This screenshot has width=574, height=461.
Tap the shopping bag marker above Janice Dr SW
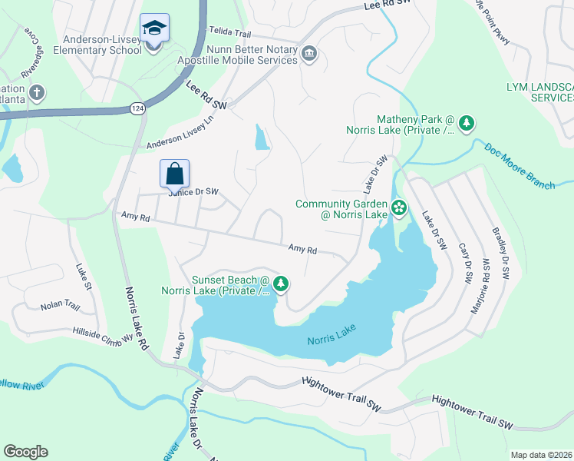coord(174,174)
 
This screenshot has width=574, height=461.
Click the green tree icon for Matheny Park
coord(466,123)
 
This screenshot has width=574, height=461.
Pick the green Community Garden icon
coord(399,207)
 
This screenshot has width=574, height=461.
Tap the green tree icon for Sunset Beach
coord(281,284)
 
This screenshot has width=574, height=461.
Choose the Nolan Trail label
coord(61,306)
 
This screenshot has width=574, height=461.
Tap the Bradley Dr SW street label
coord(503,253)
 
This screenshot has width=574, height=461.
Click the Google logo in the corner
coord(25,452)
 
